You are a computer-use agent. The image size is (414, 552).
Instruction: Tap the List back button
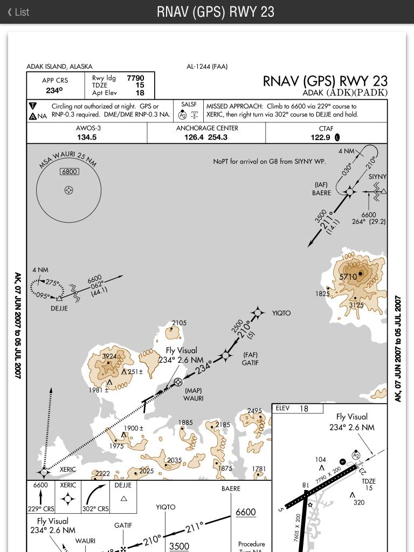tap(18, 12)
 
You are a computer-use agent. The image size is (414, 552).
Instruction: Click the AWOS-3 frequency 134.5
tap(87, 137)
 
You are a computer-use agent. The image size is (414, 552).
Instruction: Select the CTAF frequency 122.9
tap(320, 137)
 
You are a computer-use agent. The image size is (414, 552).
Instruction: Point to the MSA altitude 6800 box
tap(70, 171)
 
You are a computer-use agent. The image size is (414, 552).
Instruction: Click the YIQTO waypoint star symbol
tap(258, 313)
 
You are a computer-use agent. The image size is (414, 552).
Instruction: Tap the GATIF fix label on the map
tap(250, 362)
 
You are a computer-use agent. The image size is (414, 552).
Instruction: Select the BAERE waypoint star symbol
tap(349, 192)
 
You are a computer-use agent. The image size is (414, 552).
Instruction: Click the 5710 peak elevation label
tap(348, 277)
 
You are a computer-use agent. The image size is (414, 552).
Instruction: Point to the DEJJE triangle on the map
tap(59, 298)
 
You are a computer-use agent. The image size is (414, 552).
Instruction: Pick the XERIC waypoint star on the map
tap(44, 472)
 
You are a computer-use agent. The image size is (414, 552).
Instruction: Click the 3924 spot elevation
tap(109, 356)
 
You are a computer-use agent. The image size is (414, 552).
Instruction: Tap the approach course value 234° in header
tap(54, 91)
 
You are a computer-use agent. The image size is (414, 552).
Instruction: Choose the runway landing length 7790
tap(135, 78)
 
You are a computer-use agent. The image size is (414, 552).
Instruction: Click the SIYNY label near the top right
tap(377, 177)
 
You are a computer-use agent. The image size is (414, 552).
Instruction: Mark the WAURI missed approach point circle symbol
tap(178, 381)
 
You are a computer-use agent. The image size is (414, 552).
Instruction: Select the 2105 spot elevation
tap(179, 323)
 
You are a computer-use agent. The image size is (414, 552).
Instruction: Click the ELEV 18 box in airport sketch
tap(298, 409)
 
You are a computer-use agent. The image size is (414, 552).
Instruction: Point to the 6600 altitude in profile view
tap(246, 512)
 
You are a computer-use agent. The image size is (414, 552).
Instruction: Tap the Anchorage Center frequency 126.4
tap(194, 137)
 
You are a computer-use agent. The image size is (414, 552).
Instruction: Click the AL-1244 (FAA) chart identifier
tap(207, 66)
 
